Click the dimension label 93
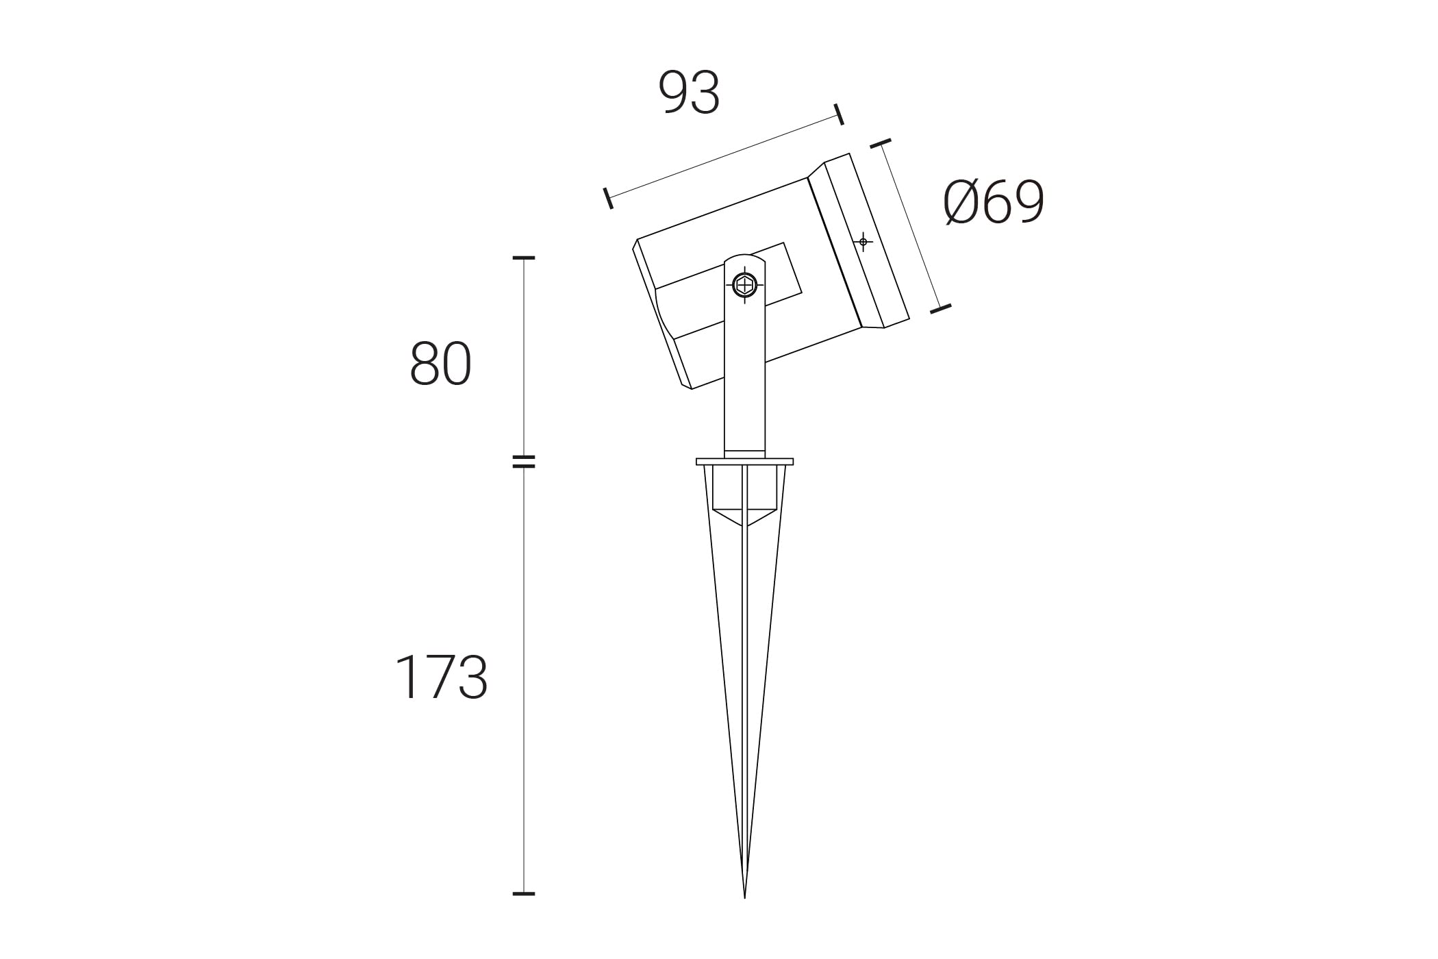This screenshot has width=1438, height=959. click(689, 92)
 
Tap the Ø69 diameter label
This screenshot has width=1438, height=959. click(994, 202)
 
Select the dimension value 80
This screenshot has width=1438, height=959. click(440, 364)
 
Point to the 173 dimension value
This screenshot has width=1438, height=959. click(442, 677)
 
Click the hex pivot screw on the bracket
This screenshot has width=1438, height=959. click(744, 284)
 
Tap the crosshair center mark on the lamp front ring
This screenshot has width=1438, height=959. click(863, 242)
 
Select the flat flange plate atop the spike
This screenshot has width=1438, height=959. click(744, 462)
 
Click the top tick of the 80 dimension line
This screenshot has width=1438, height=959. click(524, 258)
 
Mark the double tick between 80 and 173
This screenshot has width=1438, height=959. click(524, 462)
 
